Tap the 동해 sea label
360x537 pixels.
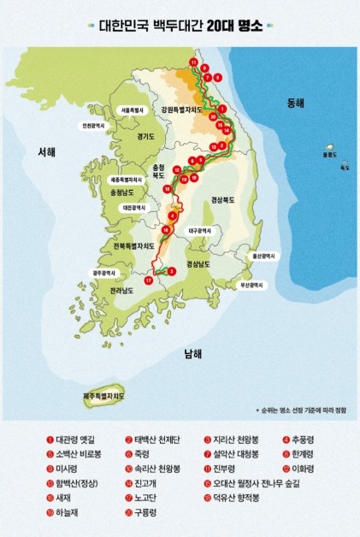(296, 103)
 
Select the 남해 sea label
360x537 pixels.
(192, 352)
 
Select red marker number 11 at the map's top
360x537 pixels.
(194, 64)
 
